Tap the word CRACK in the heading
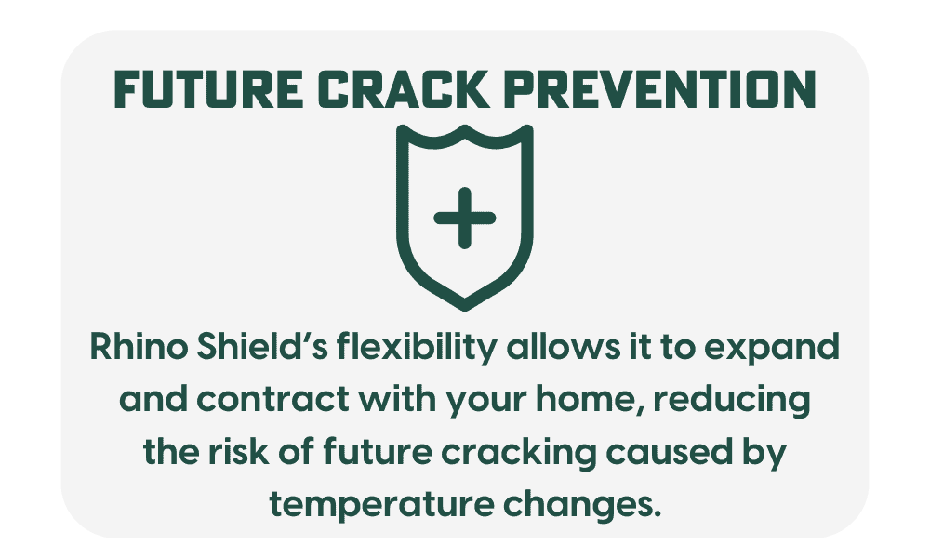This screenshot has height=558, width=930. pyautogui.click(x=403, y=89)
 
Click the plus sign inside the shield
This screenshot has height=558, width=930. pyautogui.click(x=464, y=218)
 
